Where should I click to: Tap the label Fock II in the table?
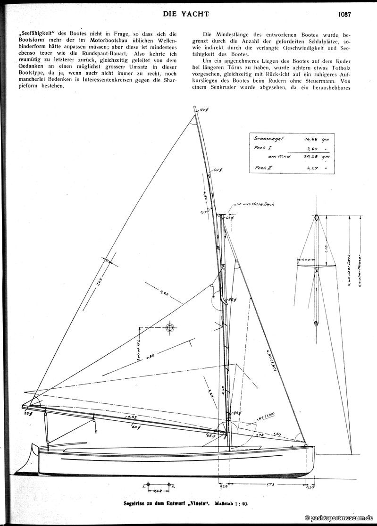pos(262,167)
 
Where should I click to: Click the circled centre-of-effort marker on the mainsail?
pos(170,328)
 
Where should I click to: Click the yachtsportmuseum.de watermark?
pos(339,518)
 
